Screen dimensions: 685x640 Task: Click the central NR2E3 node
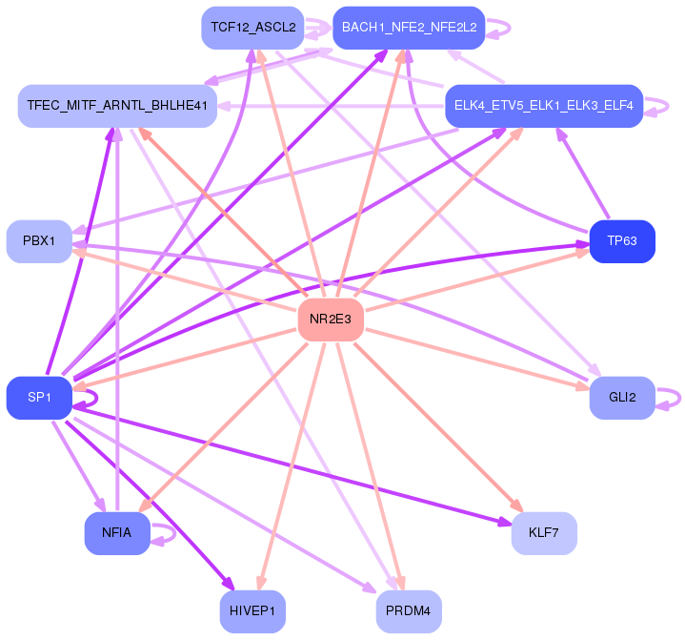coord(331,320)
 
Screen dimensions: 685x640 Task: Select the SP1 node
coord(39,398)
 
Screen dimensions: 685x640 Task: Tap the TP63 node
coord(622,241)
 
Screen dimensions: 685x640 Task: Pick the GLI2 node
coord(622,398)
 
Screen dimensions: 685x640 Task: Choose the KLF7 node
coord(544,533)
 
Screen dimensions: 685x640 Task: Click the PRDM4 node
coord(409,611)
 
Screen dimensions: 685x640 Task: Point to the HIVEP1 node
coord(252,611)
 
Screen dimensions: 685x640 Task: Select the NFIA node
coord(117,533)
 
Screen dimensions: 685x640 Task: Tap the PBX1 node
coord(39,241)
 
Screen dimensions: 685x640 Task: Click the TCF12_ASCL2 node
coord(252,28)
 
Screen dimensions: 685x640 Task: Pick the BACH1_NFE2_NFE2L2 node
coord(409,28)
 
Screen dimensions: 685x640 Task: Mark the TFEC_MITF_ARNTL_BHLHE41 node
coord(117,106)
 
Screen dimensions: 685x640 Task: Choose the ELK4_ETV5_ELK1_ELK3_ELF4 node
coord(544,106)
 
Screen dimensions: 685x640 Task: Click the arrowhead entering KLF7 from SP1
coord(505,522)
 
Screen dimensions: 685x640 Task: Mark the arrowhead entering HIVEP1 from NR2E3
coord(261,584)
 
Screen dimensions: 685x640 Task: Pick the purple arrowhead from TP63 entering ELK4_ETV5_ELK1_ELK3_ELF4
coord(561,134)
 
